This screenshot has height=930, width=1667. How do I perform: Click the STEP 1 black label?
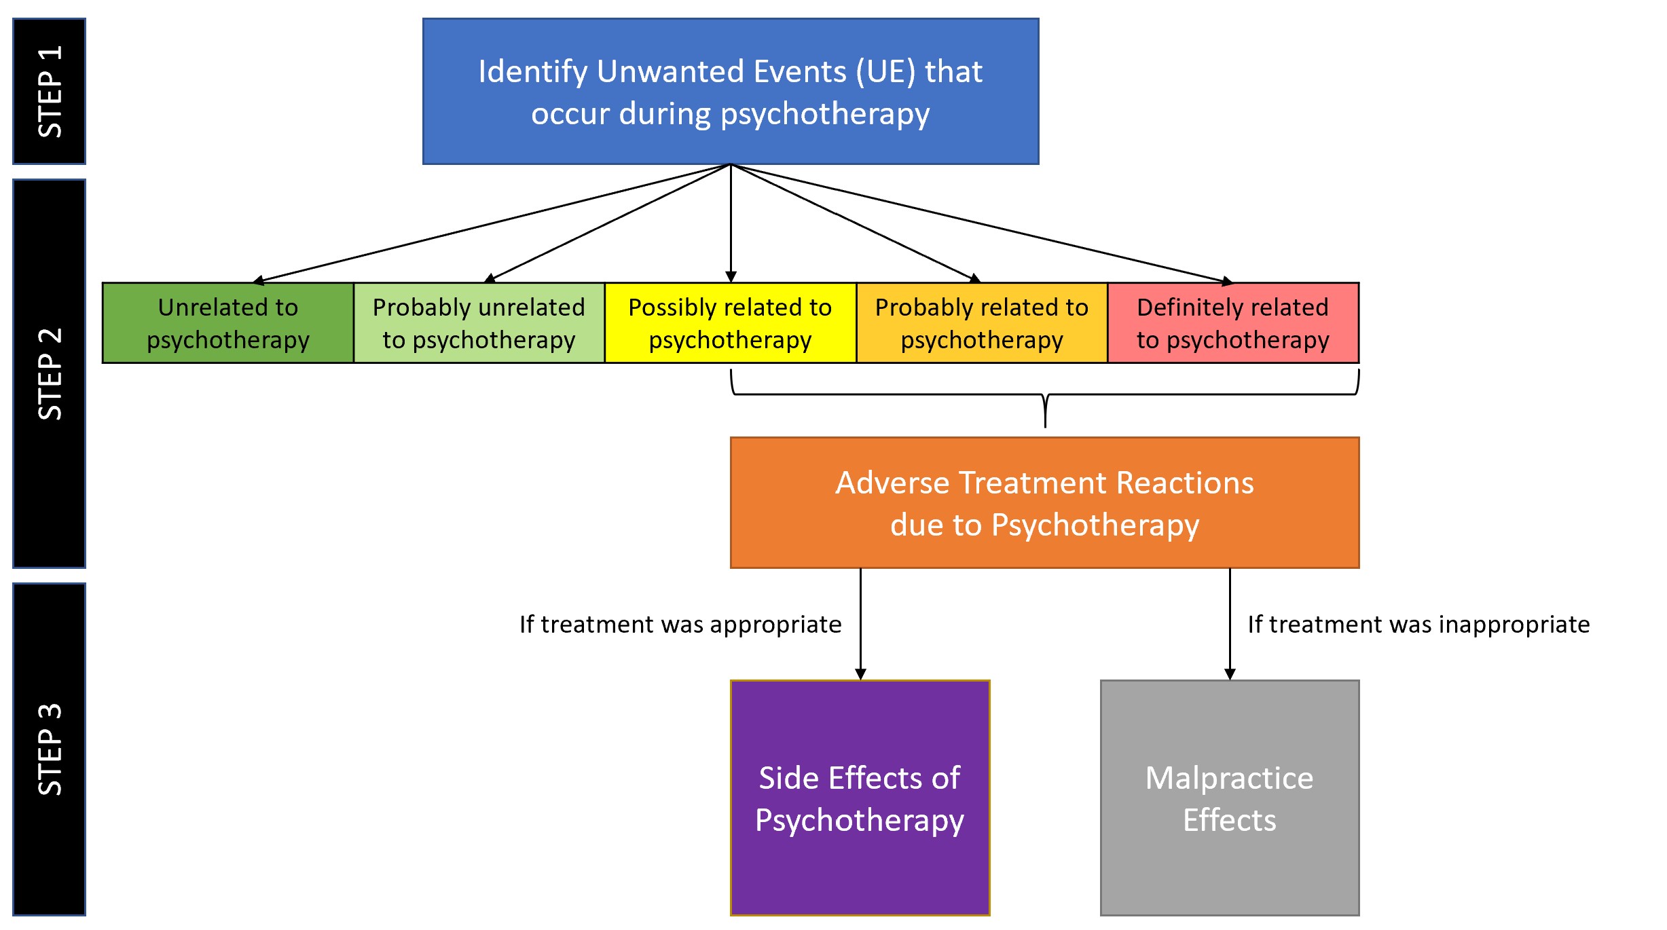(50, 91)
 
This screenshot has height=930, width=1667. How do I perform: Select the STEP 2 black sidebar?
(50, 373)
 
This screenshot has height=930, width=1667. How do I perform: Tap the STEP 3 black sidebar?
(50, 749)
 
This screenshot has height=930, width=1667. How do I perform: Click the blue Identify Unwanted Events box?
(731, 91)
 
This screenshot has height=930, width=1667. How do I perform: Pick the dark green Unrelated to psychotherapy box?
(228, 323)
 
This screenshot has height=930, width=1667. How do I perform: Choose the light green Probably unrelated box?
(479, 323)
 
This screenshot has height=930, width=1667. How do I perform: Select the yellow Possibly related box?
(731, 323)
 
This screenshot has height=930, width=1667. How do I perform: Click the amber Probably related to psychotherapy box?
(982, 323)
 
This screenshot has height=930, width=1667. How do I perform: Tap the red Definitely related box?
(1233, 323)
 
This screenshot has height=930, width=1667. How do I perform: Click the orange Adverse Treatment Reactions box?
(1044, 503)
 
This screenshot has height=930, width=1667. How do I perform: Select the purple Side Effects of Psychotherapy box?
(860, 798)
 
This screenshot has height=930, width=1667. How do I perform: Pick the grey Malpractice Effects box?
(1230, 798)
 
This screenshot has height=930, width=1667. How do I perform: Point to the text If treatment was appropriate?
(680, 625)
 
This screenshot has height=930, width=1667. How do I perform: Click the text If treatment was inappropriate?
(1419, 625)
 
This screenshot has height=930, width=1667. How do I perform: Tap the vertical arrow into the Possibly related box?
(731, 224)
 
